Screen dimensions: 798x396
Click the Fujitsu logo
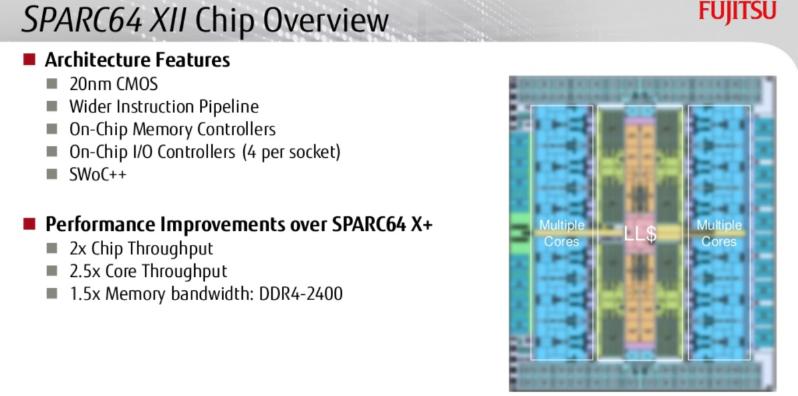pos(737,11)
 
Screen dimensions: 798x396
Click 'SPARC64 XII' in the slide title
pos(104,20)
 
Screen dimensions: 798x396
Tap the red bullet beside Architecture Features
pos(29,59)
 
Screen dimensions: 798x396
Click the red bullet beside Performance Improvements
pos(29,224)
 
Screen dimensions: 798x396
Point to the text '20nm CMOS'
pos(114,84)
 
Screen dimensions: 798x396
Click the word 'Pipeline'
pos(229,107)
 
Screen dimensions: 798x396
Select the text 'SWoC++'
pos(98,174)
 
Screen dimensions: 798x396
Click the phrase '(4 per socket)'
pos(291,152)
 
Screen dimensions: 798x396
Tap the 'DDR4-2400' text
pos(301,294)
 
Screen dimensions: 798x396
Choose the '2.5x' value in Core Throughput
pos(85,272)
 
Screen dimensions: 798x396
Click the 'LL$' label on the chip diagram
pos(640,234)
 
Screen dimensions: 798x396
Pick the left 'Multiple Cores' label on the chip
pos(562,234)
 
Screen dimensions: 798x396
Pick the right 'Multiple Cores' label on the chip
pos(720,234)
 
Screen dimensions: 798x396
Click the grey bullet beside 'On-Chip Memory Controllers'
pos(52,129)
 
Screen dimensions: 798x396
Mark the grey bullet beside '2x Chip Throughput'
pos(52,248)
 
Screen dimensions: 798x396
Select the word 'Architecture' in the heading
pos(98,59)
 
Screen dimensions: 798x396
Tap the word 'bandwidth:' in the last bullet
pos(212,294)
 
